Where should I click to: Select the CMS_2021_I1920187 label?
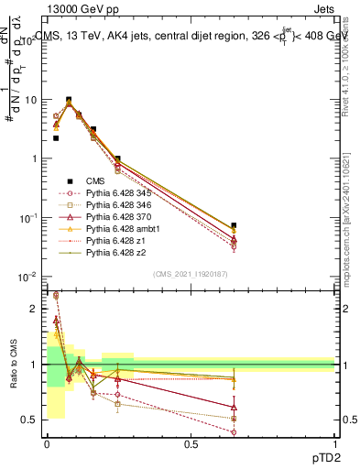pyautogui.click(x=190, y=274)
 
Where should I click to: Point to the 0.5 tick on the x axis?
pyautogui.click(x=191, y=443)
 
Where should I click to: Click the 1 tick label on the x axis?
pyautogui.click(x=334, y=443)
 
